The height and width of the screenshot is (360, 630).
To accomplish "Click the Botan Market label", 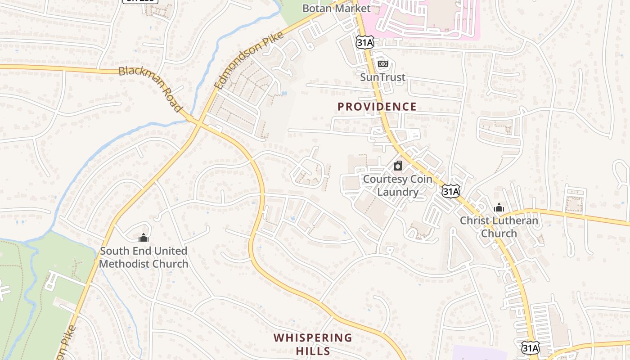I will [x=336, y=8].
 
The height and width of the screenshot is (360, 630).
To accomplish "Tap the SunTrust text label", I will [x=382, y=77].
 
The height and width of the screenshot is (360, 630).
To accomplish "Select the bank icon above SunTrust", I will [x=382, y=64].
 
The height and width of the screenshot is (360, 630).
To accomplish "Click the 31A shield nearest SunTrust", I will [x=364, y=42].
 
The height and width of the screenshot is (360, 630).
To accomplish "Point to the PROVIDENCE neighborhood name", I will [x=377, y=107].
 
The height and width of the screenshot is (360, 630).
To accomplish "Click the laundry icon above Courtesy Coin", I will [x=398, y=166].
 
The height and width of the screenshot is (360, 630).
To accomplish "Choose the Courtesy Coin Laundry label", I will [x=397, y=185].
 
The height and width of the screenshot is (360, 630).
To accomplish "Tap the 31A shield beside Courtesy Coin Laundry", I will [x=450, y=192].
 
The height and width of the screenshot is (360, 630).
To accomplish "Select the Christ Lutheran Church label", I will [x=499, y=227].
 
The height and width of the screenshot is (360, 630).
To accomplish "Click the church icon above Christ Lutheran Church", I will [x=499, y=208].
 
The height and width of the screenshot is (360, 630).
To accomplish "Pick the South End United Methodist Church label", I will [x=144, y=257].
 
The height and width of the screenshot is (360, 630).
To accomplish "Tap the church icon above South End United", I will [x=144, y=238].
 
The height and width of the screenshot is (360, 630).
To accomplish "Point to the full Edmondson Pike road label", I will [x=248, y=60].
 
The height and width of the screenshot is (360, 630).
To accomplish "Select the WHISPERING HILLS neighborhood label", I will [x=313, y=344].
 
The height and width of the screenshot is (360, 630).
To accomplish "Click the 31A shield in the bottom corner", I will [x=531, y=347].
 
